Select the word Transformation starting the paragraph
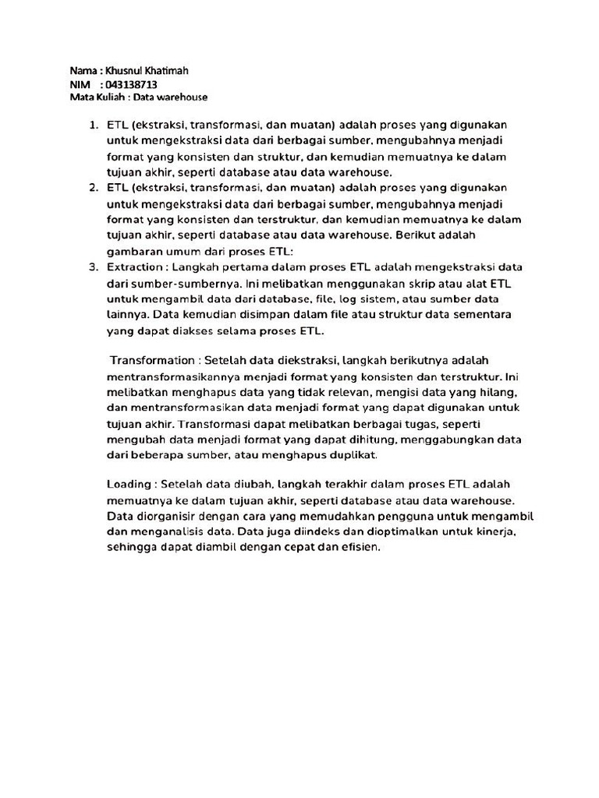tap(152, 360)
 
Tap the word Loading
tap(129, 484)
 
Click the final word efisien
tap(357, 547)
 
